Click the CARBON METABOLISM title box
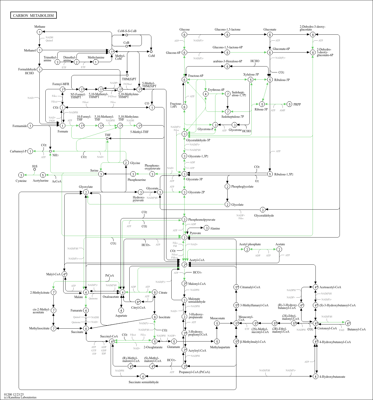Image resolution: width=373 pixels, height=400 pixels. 33,15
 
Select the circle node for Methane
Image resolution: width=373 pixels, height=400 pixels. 39,32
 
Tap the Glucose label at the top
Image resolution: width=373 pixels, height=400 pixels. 184,29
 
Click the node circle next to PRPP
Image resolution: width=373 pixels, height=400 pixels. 290,104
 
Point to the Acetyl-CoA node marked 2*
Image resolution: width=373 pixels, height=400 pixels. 184,265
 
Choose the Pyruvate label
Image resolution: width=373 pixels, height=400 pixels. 195,233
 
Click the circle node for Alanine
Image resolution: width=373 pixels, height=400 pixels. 206,228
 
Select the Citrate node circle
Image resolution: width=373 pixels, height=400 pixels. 154,292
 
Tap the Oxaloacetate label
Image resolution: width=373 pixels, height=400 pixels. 111,297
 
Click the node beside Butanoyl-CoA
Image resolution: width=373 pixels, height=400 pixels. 348,323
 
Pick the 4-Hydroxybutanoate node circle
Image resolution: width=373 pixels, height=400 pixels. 315,376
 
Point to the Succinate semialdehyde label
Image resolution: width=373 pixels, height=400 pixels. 144,382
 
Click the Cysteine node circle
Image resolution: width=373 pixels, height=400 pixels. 21,175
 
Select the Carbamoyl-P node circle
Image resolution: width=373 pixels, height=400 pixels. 30,151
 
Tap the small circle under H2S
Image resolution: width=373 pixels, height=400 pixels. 34,169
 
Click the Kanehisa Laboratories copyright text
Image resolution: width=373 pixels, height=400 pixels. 20,397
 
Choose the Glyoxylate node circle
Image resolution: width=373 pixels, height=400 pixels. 86,192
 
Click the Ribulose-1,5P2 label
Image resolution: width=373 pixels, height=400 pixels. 284,174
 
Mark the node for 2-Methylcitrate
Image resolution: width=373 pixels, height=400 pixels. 53,292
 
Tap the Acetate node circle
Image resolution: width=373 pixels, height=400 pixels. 279,249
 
